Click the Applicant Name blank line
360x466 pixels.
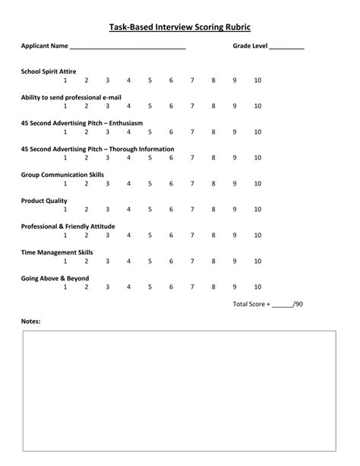127,47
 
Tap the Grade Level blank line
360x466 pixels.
286,47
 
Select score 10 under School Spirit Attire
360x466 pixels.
257,80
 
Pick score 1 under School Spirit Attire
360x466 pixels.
65,80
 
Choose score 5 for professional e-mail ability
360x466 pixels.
150,106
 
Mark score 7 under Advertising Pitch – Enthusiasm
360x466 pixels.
193,132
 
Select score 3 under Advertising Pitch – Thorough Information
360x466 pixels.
108,157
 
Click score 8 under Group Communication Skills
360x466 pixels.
214,183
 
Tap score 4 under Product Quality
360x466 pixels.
129,209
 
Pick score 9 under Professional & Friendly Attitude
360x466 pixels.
235,235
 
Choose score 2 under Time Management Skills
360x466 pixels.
87,261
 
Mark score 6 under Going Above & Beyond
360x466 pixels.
172,287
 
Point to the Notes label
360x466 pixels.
31,321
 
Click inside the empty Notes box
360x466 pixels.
180,392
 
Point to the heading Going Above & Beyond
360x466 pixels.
55,278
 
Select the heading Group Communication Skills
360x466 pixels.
63,174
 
